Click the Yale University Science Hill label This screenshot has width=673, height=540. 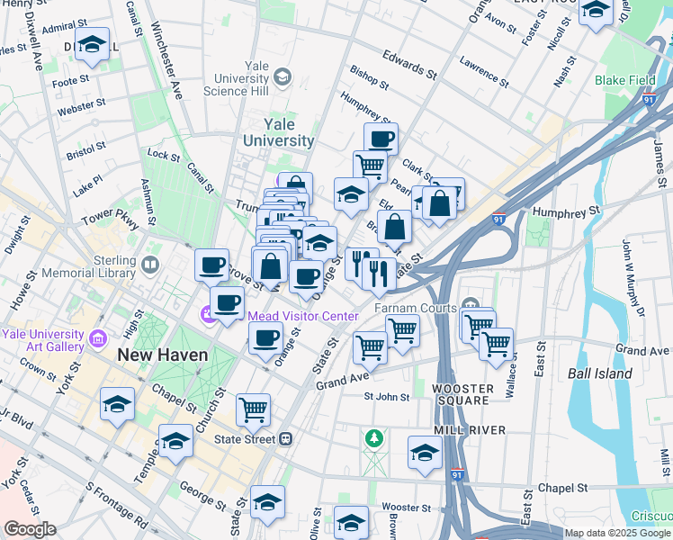(236, 78)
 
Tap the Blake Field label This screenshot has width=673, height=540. (624, 80)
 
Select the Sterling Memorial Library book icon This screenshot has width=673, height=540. (150, 265)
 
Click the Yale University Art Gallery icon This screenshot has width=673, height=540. (97, 339)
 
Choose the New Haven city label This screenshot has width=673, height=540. (162, 355)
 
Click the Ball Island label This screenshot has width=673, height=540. (602, 373)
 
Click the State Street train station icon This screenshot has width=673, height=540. (285, 439)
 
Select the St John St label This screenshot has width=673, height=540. (386, 396)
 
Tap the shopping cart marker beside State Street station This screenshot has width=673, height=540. (253, 409)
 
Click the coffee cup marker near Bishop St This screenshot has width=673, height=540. (381, 138)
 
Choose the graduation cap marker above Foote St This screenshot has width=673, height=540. (92, 44)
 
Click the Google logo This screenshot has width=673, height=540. (31, 529)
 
